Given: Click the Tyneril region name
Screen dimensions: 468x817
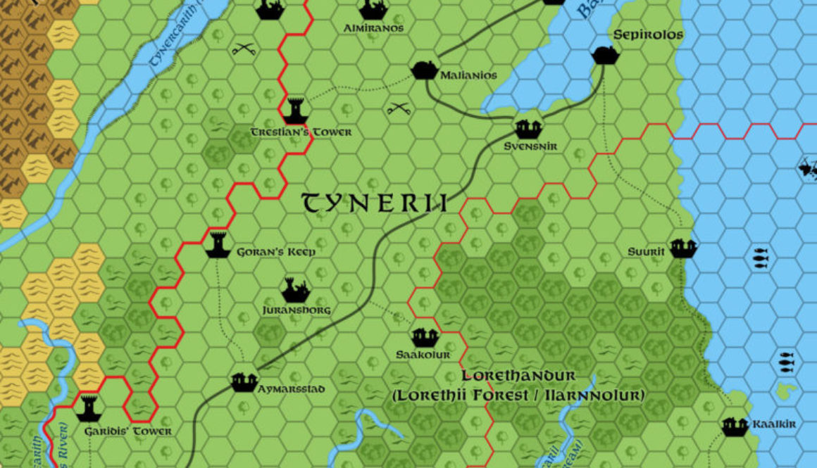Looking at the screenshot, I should (375, 203).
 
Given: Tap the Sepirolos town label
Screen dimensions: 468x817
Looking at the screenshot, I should (648, 34).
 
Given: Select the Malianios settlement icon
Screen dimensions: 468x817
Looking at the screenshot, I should (423, 70).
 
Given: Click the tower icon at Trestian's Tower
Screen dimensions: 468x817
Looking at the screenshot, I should (295, 110).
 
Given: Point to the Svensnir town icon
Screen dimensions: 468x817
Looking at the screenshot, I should (528, 129).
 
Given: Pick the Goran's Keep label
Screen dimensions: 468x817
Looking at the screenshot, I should (275, 251).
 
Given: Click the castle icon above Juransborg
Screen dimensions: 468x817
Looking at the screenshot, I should (295, 289).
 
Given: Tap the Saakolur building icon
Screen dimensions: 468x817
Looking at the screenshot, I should (425, 337).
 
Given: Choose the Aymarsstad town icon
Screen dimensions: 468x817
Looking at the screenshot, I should (244, 382).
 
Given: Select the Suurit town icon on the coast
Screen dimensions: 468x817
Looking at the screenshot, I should (682, 248).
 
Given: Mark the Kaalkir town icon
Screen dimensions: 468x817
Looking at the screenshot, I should (735, 425).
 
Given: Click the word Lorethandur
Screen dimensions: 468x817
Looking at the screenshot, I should (518, 377).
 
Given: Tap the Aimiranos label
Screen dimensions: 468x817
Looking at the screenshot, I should (374, 28).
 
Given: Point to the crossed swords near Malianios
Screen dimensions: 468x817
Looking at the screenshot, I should (399, 109).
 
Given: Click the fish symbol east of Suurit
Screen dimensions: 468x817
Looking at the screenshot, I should (759, 258).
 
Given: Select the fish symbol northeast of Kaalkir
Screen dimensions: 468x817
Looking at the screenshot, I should (787, 361).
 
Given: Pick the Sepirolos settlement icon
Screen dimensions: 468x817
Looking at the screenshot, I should (604, 53).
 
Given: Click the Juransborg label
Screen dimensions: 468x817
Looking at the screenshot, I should (296, 310).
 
